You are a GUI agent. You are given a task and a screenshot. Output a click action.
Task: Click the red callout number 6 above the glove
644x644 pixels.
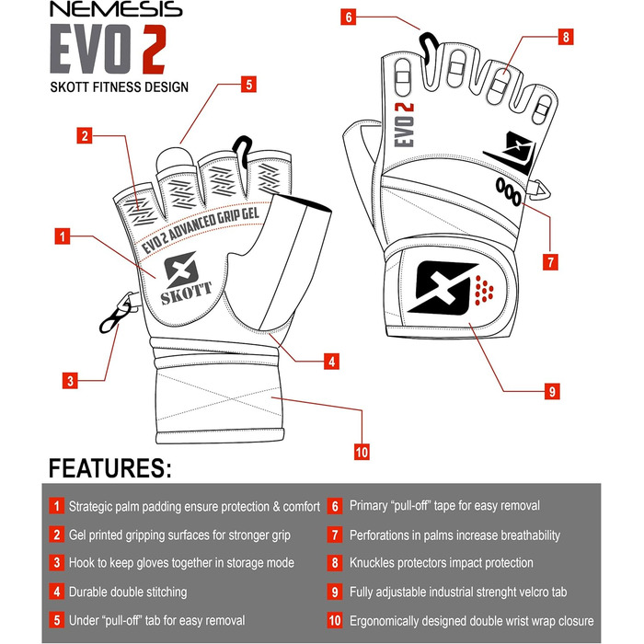pos(349,17)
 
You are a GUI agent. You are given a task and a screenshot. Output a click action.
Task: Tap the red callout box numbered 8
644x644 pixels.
pos(566,37)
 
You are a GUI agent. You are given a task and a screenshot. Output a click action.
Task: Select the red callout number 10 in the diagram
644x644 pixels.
pos(362,453)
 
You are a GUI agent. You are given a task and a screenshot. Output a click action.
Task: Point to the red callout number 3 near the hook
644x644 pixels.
pos(70,381)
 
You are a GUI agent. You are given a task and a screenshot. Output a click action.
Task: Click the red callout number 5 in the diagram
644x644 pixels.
pos(249,85)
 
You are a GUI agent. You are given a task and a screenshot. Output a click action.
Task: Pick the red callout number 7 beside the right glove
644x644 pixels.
pos(550,262)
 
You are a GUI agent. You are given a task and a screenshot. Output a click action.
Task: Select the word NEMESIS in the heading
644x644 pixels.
pos(116,9)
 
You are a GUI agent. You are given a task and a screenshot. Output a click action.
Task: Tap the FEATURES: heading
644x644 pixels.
pos(110,467)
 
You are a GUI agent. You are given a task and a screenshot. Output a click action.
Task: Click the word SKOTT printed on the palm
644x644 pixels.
pos(186,293)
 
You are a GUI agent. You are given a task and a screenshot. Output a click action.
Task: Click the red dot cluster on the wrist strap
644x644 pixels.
pos(484,291)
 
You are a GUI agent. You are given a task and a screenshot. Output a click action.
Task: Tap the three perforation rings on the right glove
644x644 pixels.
pos(508,191)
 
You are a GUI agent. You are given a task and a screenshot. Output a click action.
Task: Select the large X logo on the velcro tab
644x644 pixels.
pos(443,287)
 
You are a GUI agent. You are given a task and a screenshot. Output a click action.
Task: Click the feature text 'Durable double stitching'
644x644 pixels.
pos(128,592)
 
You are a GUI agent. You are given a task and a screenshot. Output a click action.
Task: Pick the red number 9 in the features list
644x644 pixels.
pos(335,592)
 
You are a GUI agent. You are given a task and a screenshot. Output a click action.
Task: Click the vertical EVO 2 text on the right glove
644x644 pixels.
pos(404,125)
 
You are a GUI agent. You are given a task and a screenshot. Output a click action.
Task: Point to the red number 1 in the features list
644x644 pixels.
pos(57,506)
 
